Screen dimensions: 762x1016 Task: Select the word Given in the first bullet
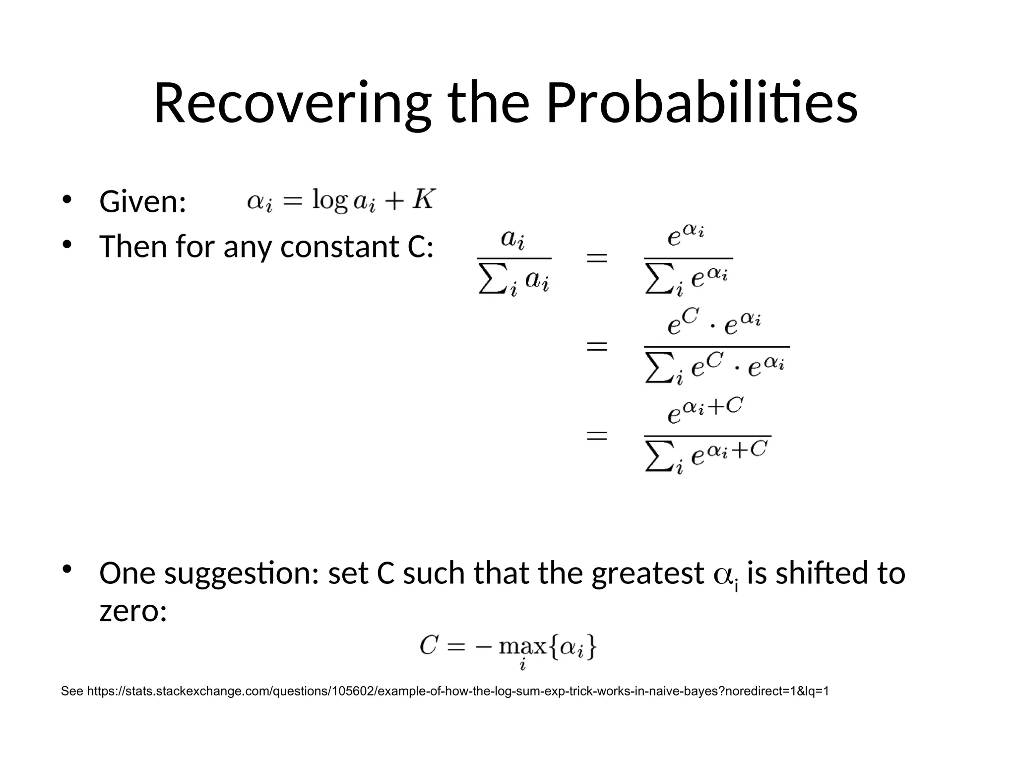point(142,202)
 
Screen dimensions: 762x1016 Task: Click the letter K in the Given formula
point(424,199)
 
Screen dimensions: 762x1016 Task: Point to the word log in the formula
point(329,201)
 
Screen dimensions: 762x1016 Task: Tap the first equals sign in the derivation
point(597,258)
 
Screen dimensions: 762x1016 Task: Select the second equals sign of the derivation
point(597,346)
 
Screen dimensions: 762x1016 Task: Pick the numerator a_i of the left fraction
point(513,239)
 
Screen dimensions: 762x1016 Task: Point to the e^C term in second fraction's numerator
point(683,321)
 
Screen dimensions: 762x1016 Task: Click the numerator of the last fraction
point(704,410)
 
